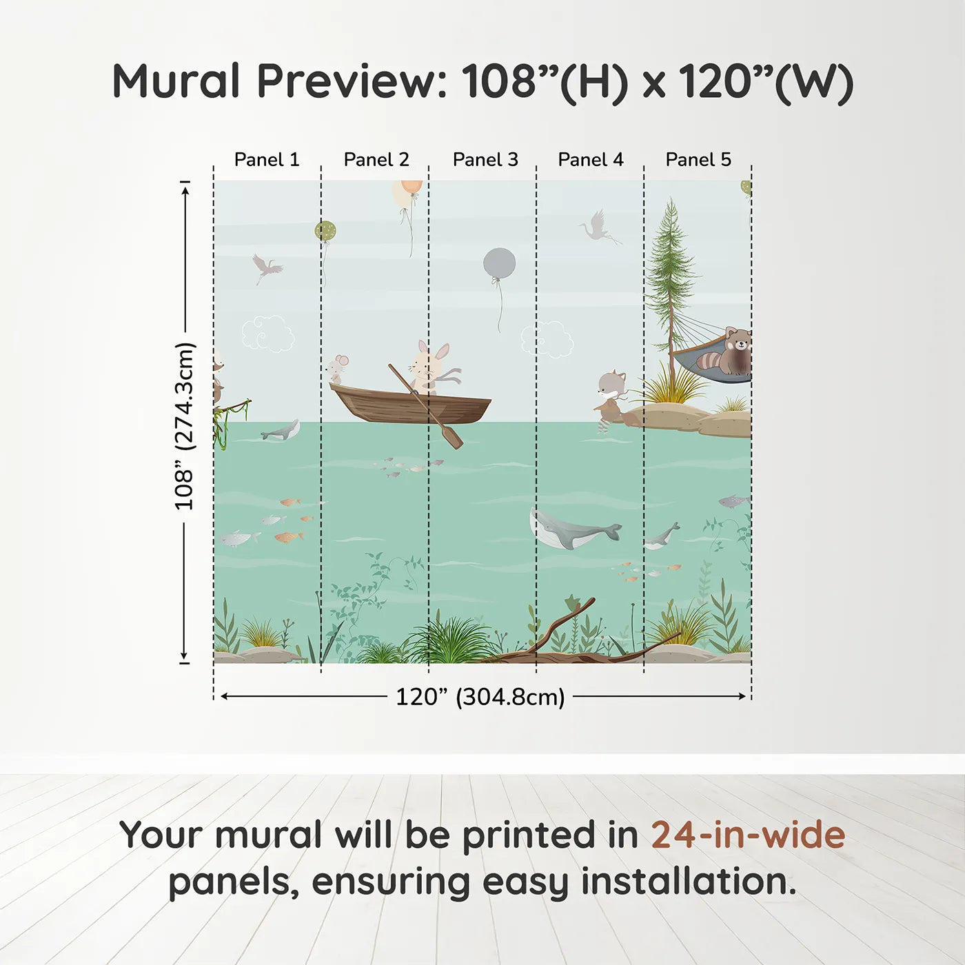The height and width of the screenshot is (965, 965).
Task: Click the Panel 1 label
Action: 267,160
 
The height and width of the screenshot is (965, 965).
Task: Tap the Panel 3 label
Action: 485,160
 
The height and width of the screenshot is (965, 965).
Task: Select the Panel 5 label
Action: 698,160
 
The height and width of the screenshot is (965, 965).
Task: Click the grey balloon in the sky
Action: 500,264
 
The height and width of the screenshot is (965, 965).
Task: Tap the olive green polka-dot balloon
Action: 325,231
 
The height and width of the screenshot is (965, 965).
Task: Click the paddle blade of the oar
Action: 452,438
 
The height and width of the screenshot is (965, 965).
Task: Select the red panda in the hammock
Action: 731,352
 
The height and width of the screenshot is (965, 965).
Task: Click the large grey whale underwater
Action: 572,529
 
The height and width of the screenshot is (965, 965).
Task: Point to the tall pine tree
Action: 669,276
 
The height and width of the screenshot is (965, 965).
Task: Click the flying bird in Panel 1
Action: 266,267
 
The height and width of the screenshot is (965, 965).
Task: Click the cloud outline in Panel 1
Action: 268,334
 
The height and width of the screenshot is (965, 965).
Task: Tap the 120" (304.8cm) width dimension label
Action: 480,697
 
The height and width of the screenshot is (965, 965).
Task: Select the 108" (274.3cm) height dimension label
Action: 185,426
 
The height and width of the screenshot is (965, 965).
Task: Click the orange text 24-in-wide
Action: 748,835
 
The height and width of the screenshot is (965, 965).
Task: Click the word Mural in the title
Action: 176,81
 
